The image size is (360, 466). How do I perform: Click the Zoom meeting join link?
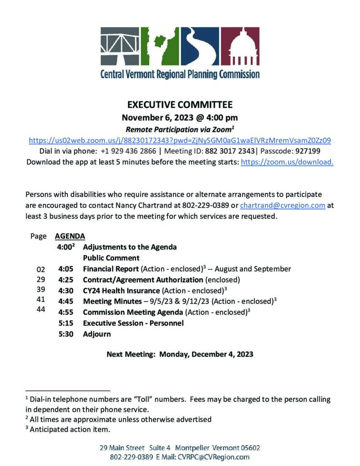(x=180, y=141)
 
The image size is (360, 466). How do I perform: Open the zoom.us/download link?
(x=287, y=162)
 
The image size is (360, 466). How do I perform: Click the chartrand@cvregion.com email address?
(x=283, y=205)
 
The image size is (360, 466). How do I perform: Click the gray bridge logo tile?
(x=120, y=47)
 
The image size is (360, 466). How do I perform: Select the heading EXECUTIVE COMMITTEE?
(x=180, y=105)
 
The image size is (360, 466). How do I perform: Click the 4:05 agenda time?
(x=66, y=269)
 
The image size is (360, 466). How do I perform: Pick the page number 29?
(x=41, y=279)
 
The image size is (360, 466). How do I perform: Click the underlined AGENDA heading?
(x=70, y=237)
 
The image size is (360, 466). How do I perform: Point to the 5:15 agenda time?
(x=66, y=323)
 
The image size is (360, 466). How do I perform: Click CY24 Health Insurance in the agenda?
(x=121, y=290)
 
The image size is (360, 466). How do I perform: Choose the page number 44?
(x=41, y=309)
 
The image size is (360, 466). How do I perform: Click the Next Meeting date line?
(x=180, y=354)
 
